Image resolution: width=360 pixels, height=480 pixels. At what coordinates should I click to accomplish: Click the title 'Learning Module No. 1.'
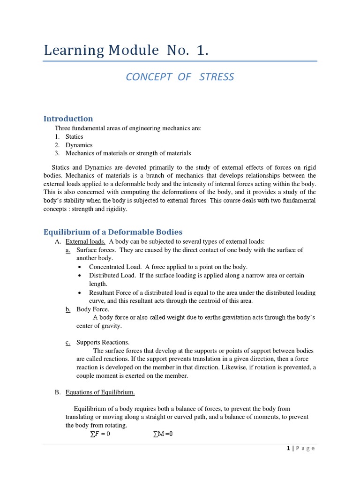pyautogui.click(x=126, y=51)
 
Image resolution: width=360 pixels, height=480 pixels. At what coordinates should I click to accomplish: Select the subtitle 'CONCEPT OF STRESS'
pyautogui.click(x=180, y=77)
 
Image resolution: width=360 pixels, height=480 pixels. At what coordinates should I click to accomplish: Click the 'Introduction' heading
pyautogui.click(x=68, y=119)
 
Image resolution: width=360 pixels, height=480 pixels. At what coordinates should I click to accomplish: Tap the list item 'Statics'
pyautogui.click(x=74, y=136)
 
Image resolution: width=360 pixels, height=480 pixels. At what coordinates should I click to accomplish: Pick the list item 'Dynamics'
pyautogui.click(x=79, y=145)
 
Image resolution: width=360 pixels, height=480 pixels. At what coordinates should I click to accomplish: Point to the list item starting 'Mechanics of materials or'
pyautogui.click(x=128, y=153)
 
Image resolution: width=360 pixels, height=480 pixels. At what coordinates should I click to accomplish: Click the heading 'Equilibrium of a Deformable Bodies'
pyautogui.click(x=113, y=232)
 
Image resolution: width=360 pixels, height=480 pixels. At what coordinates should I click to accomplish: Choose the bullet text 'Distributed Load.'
pyautogui.click(x=112, y=275)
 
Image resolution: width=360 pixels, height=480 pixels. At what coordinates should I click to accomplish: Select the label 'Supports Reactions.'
pyautogui.click(x=103, y=342)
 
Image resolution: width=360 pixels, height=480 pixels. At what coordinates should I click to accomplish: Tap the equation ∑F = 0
pyautogui.click(x=100, y=434)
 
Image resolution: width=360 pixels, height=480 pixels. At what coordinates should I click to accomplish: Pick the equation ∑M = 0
pyautogui.click(x=163, y=434)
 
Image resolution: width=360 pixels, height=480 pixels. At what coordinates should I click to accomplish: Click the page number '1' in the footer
pyautogui.click(x=288, y=448)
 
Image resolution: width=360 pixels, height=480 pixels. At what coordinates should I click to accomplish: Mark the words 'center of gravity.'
pyautogui.click(x=99, y=326)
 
